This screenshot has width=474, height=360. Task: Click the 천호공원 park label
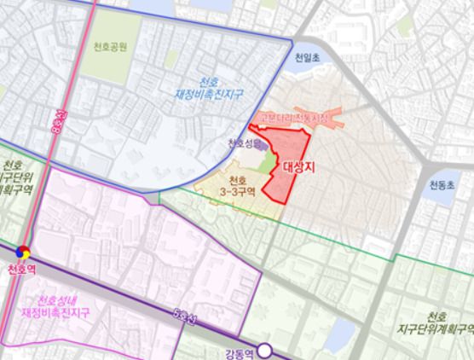click(x=112, y=47)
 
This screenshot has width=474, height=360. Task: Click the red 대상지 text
click(x=298, y=168)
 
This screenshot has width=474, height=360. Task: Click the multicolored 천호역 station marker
click(x=24, y=252)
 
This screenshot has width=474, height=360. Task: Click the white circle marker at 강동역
click(x=266, y=349)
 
